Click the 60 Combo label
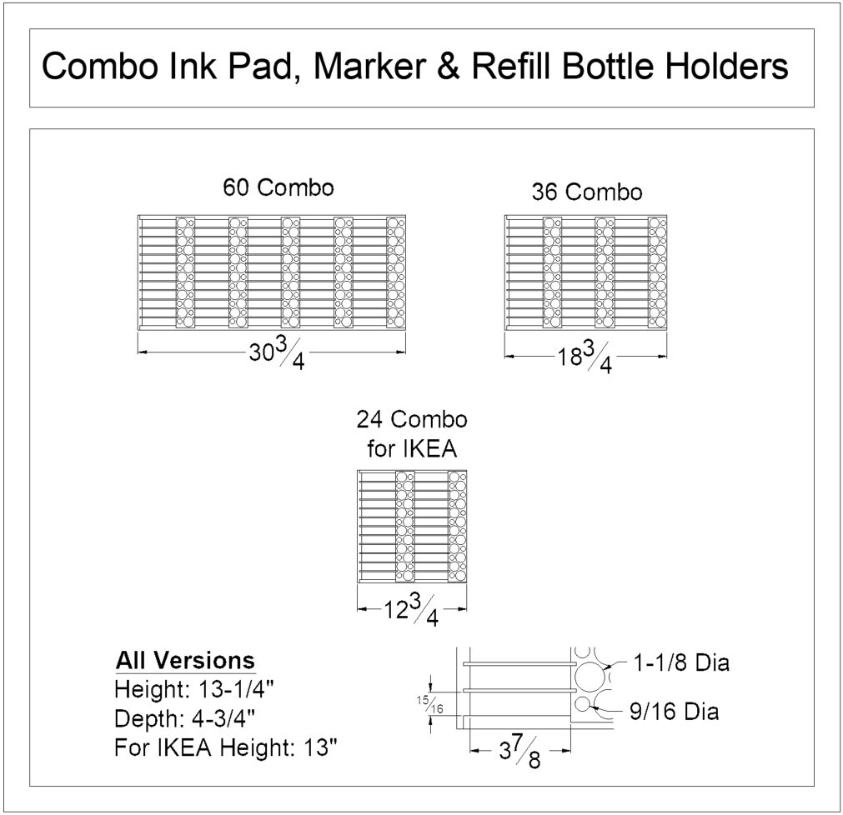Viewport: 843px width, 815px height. [x=278, y=187]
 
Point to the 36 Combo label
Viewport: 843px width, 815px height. [x=587, y=192]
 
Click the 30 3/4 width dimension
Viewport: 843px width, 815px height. [x=276, y=355]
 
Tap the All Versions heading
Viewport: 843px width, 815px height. [x=185, y=661]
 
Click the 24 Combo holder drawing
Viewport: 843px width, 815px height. [x=412, y=526]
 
